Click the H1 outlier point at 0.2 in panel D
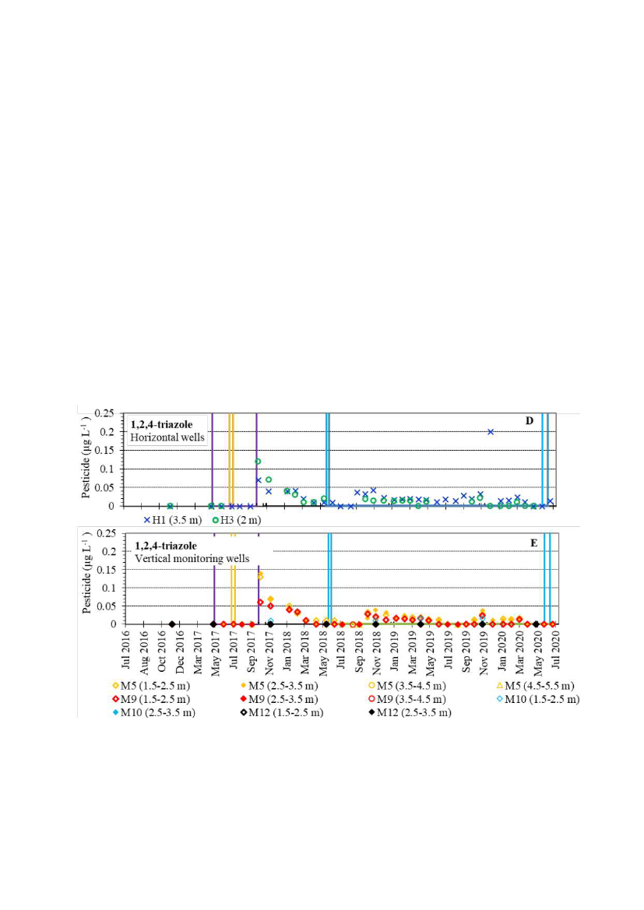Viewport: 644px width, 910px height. (491, 431)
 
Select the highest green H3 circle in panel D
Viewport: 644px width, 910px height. (258, 462)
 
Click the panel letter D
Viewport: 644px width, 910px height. (529, 421)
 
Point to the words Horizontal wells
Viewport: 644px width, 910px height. (167, 437)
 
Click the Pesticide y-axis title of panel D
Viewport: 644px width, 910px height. (87, 459)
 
